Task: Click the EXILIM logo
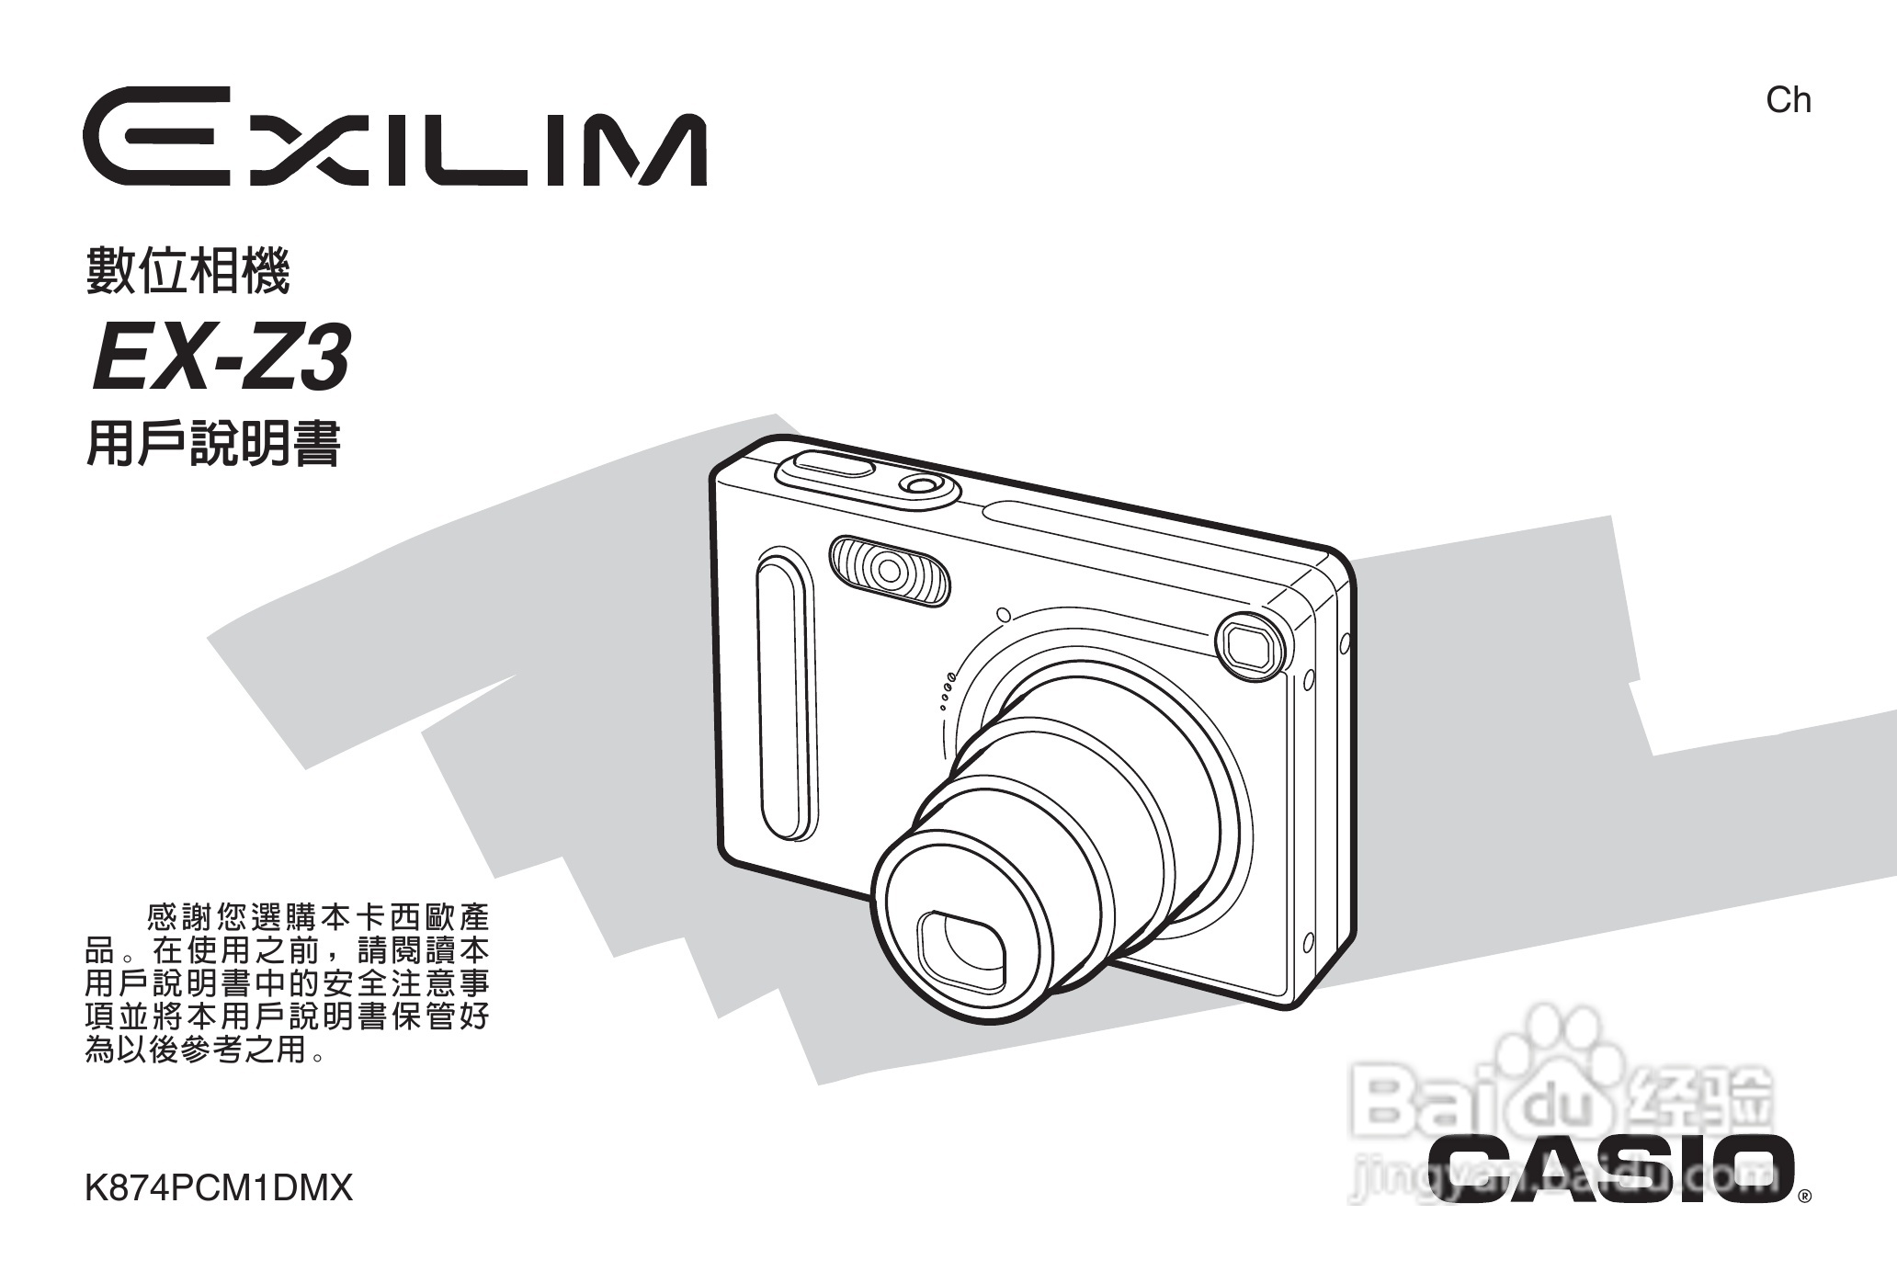click(396, 138)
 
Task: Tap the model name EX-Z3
click(221, 360)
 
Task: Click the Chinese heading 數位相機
click(187, 270)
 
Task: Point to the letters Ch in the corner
click(1788, 100)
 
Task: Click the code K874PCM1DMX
click(219, 1188)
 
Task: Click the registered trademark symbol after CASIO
click(1804, 1197)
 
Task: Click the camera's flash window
click(889, 572)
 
